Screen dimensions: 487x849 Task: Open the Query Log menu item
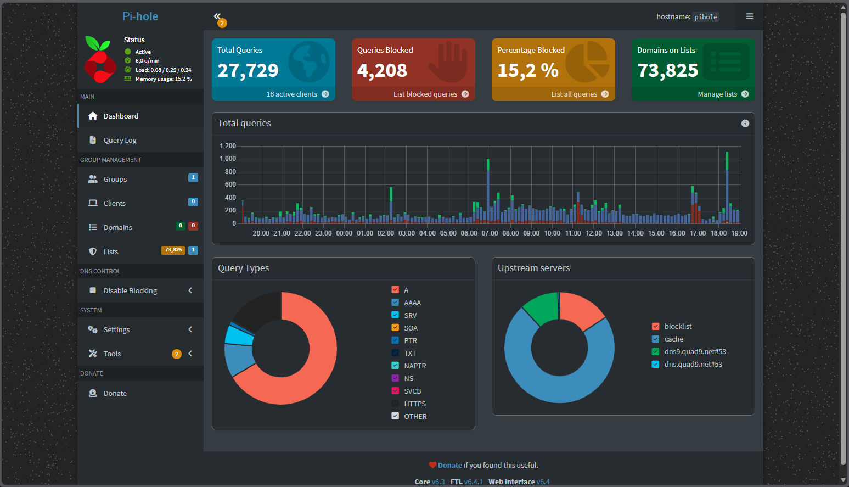[x=120, y=140]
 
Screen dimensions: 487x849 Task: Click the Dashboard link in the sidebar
[x=121, y=116]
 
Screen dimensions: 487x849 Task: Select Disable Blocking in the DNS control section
[x=130, y=290]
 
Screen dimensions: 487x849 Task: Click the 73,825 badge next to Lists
[x=173, y=250]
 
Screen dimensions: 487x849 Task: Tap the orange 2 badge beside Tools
[x=176, y=354]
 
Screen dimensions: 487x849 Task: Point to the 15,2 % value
[x=527, y=70]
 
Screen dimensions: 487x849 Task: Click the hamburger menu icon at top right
[x=749, y=16]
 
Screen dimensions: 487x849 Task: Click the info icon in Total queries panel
[x=745, y=123]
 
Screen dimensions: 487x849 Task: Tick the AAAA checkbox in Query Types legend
[x=395, y=303]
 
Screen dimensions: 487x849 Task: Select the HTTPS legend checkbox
[x=395, y=404]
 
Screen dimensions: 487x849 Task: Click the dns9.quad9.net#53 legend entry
[x=695, y=351]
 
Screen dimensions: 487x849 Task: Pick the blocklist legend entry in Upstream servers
[x=678, y=326]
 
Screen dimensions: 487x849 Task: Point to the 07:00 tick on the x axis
[x=490, y=233]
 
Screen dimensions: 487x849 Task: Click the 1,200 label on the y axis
[x=228, y=146]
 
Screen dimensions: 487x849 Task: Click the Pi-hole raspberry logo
[x=100, y=59]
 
